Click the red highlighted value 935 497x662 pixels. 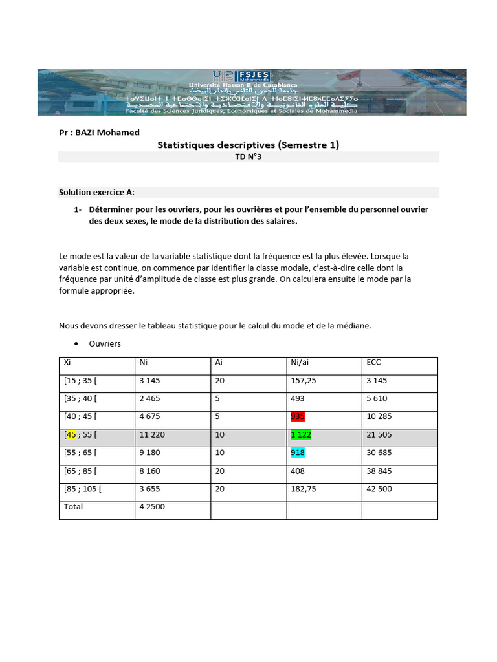point(298,417)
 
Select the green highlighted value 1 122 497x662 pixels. point(301,435)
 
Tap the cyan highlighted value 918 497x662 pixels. point(298,453)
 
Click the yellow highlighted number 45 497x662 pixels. point(71,435)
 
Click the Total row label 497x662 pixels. point(73,507)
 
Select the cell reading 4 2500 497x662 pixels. point(152,507)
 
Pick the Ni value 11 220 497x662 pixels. point(152,435)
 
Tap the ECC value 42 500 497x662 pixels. point(379,489)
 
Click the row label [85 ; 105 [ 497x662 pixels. point(83,489)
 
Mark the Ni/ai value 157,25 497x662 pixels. point(304,381)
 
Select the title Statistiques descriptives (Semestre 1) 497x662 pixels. point(248,145)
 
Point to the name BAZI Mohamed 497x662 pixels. point(108,133)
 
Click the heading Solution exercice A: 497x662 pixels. point(96,192)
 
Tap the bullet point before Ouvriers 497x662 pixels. point(76,344)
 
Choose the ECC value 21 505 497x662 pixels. point(379,435)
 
